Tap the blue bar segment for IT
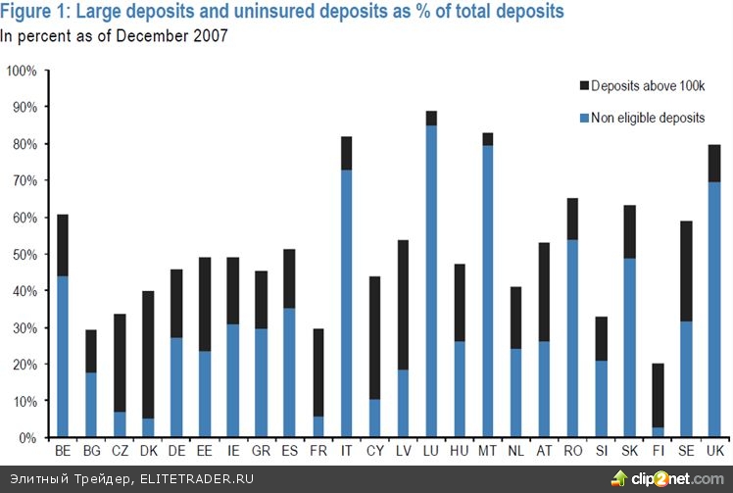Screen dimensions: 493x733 coord(346,303)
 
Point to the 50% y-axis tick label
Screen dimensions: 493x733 coord(24,255)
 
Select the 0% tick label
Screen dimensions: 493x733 coord(27,438)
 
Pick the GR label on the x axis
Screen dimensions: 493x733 coord(261,451)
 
